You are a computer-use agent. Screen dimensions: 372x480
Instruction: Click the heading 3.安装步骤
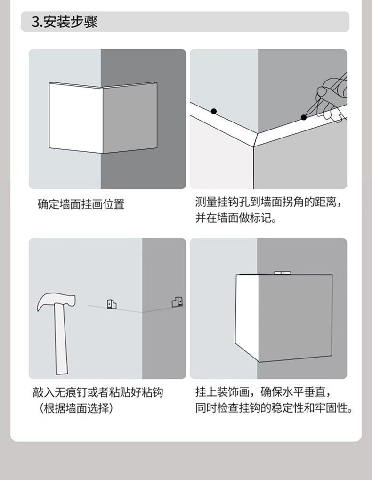(x=65, y=22)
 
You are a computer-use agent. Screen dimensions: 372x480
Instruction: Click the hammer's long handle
(x=61, y=339)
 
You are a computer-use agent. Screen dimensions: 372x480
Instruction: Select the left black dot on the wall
(x=214, y=111)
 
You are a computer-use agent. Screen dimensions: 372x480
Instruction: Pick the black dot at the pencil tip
(x=303, y=117)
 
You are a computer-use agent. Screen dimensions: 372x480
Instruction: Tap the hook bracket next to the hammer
(x=112, y=304)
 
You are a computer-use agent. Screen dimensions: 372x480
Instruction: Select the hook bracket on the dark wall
(x=178, y=302)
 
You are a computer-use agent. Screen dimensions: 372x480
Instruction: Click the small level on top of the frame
(x=282, y=273)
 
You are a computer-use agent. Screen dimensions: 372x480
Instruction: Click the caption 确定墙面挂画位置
(x=81, y=204)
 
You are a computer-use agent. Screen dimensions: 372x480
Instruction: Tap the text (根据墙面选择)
(x=76, y=408)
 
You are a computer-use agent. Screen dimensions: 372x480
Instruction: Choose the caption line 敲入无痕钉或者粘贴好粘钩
(x=98, y=392)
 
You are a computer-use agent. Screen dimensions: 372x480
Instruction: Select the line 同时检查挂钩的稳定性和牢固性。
(x=274, y=408)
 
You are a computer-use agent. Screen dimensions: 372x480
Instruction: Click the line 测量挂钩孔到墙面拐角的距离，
(x=268, y=203)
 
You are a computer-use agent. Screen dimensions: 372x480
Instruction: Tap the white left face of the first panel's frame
(x=76, y=118)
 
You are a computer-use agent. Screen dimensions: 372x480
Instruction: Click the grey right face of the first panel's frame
(x=129, y=118)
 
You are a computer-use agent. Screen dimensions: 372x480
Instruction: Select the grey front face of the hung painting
(x=296, y=317)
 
